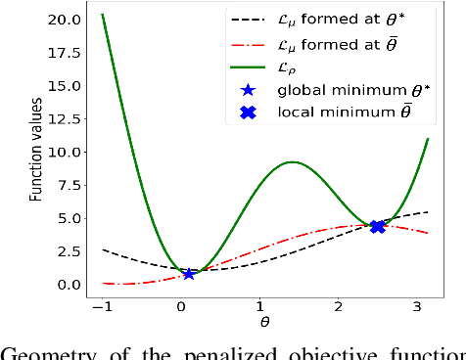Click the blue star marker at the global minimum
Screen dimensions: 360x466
(189, 274)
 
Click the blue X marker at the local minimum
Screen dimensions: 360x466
(377, 226)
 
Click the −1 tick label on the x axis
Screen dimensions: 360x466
(102, 307)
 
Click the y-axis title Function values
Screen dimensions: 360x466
(36, 151)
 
